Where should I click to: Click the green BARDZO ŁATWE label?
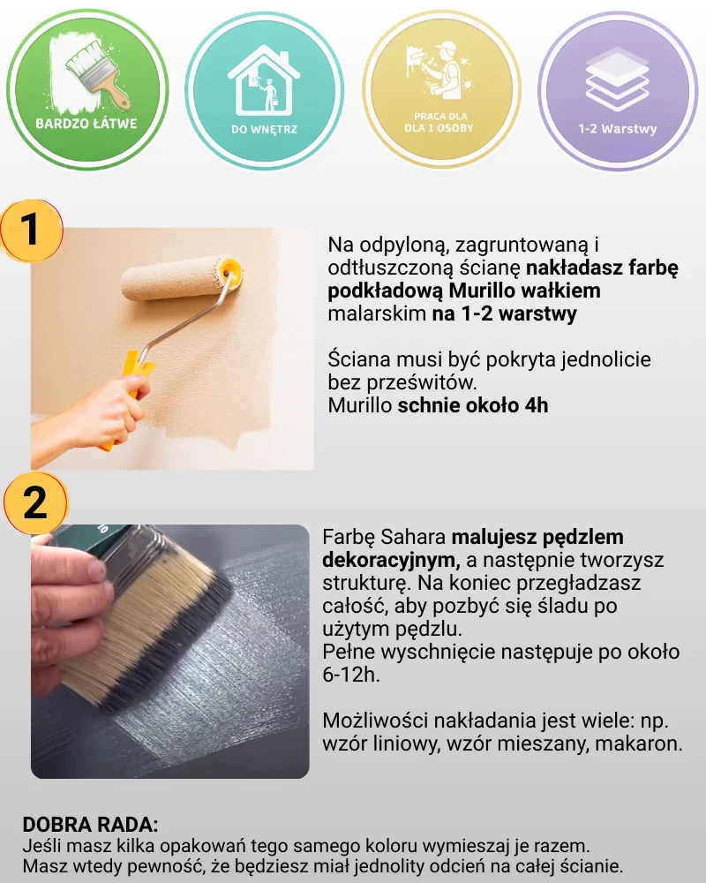coord(86,124)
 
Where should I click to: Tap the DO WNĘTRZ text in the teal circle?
coord(264,129)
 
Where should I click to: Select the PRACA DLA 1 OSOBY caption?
coord(439,122)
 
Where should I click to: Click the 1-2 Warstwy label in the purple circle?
coord(618,128)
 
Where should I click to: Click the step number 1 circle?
coord(32,230)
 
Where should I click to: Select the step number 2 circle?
coord(35,503)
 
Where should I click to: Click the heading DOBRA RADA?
coord(90,825)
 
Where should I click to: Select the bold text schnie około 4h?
coord(473,405)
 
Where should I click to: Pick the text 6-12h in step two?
coord(349,675)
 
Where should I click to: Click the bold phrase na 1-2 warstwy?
coord(505,313)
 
